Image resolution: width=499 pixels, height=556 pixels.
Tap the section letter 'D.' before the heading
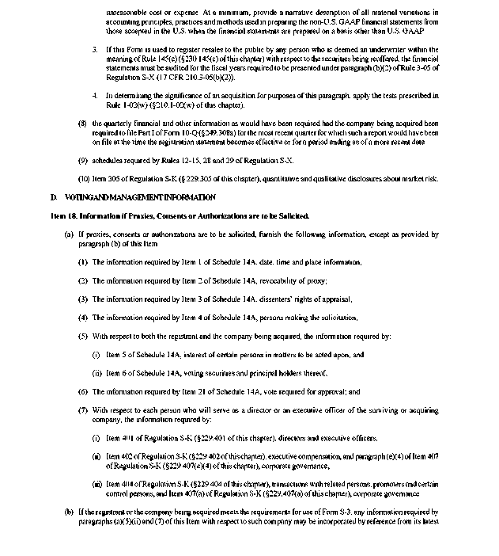click(54, 197)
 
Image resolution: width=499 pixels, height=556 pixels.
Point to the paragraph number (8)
click(83, 124)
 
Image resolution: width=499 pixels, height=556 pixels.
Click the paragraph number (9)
click(83, 160)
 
